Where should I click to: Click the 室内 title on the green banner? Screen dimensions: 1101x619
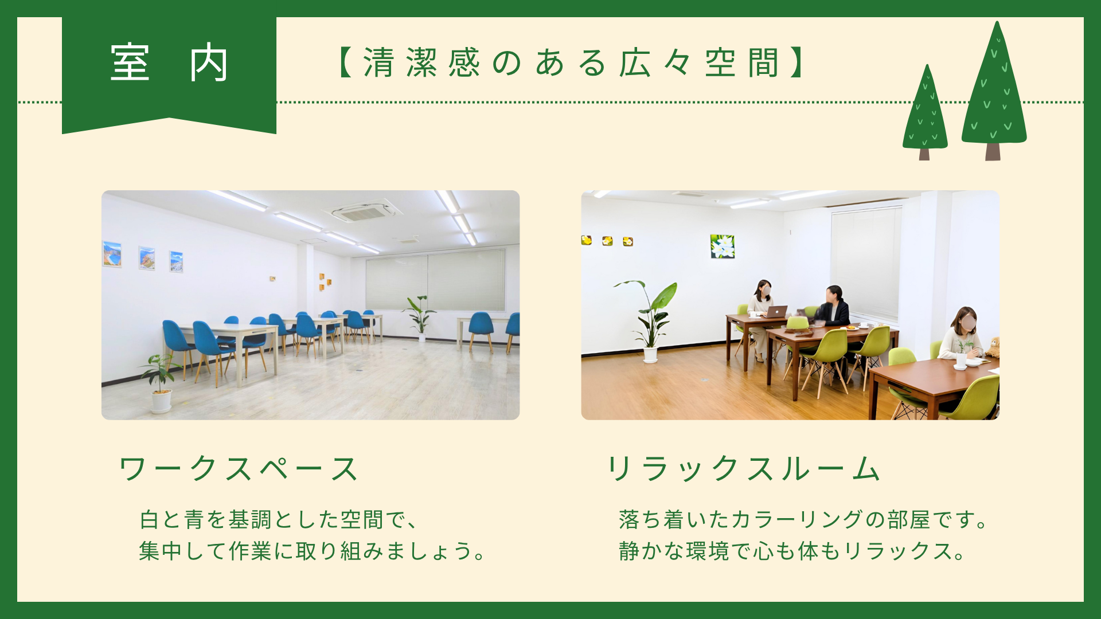169,62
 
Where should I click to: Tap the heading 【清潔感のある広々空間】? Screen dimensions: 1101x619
571,62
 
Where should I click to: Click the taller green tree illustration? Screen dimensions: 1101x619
994,91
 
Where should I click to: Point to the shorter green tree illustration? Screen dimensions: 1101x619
924,112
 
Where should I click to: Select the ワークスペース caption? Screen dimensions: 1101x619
238,469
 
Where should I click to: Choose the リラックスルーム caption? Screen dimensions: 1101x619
743,469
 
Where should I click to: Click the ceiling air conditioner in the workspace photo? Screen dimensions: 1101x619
362,211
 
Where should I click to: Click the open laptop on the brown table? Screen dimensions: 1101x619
776,312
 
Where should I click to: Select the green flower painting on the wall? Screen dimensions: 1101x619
722,246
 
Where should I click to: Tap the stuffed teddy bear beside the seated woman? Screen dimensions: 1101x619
992,347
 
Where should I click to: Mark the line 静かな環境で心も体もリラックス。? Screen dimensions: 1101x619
792,551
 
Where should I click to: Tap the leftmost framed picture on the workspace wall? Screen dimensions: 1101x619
112,254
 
